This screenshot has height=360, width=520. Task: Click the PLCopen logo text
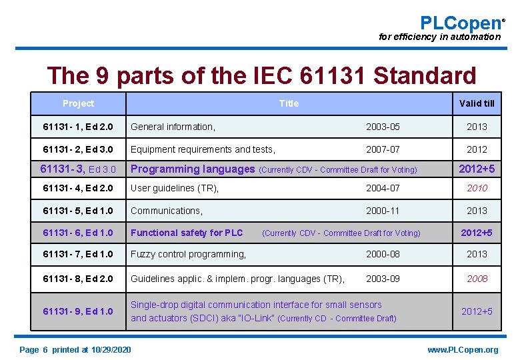pos(460,23)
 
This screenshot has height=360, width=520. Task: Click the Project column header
pos(78,103)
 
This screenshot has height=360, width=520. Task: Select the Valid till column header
pos(477,103)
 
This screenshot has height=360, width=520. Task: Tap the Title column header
pos(289,103)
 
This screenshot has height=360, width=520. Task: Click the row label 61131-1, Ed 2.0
pos(78,127)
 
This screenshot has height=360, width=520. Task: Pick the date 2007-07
pos(383,149)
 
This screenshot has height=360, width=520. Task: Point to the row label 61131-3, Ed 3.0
pos(78,169)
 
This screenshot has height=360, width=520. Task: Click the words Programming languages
pos(192,169)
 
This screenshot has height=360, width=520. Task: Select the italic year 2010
pos(477,188)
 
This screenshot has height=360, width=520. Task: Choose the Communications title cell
pos(166,211)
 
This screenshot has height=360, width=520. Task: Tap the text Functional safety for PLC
pos(187,233)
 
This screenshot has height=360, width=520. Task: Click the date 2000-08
pos(383,254)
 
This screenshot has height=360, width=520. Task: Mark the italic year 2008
pos(477,279)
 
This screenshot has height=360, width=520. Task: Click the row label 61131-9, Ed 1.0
pos(78,311)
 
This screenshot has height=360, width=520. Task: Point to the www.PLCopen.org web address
pos(463,350)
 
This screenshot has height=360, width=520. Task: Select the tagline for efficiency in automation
pos(439,37)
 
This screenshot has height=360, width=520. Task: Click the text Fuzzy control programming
pos(188,254)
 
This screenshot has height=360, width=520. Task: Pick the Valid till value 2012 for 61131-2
pos(477,149)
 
